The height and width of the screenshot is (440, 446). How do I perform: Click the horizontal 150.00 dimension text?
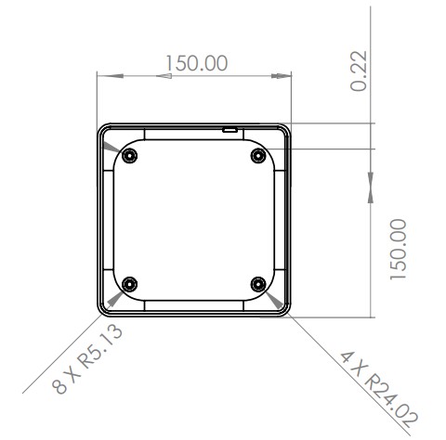click(x=196, y=63)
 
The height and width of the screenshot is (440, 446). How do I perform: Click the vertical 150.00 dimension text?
click(x=399, y=250)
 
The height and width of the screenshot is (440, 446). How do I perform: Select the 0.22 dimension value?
click(x=360, y=71)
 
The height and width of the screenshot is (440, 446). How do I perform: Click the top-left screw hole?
click(x=129, y=154)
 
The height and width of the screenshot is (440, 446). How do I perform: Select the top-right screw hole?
click(x=258, y=154)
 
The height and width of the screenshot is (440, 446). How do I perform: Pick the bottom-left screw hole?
click(x=129, y=283)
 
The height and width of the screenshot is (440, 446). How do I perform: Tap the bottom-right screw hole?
click(x=258, y=283)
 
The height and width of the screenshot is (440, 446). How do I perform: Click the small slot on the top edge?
click(x=229, y=130)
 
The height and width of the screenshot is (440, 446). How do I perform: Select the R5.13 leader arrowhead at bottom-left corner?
click(x=114, y=298)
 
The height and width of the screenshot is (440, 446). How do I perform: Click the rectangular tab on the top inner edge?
click(x=193, y=136)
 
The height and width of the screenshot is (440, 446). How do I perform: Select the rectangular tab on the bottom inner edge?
click(x=193, y=304)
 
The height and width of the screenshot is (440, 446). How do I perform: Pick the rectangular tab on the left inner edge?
click(x=108, y=220)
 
